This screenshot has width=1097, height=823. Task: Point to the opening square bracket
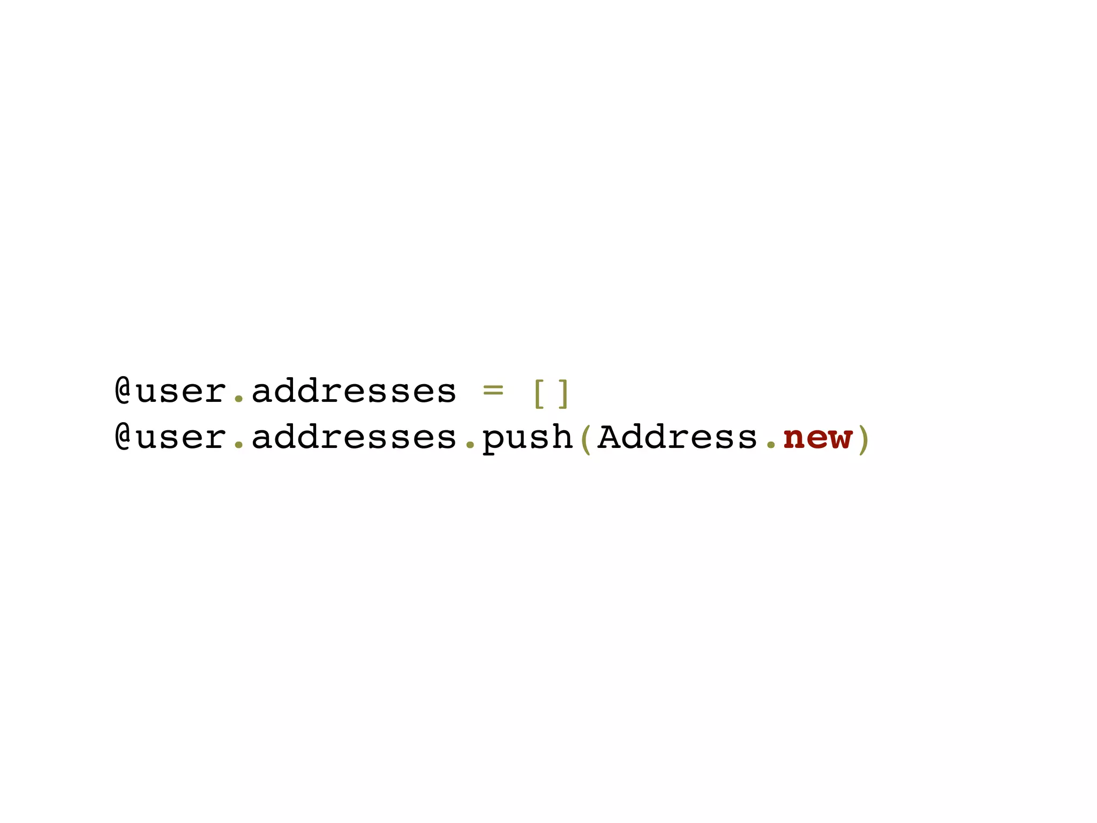pyautogui.click(x=538, y=393)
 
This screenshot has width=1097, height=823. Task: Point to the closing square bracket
pyautogui.click(x=562, y=393)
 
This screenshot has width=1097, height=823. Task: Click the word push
pyautogui.click(x=528, y=438)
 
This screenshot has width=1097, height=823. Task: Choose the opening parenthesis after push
pyautogui.click(x=585, y=438)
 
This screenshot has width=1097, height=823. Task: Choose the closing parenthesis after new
pyautogui.click(x=862, y=438)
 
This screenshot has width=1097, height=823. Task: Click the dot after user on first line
pyautogui.click(x=239, y=399)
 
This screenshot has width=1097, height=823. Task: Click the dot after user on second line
pyautogui.click(x=239, y=445)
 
